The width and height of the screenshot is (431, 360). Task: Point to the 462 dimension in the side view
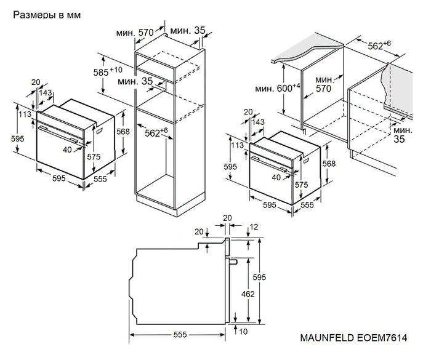248,294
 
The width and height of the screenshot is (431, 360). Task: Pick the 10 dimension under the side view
244,332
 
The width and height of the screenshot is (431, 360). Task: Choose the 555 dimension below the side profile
179,335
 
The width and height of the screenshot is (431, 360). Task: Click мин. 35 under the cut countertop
403,135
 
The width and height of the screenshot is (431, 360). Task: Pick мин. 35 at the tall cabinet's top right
189,30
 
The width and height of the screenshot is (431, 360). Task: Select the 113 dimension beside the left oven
24,114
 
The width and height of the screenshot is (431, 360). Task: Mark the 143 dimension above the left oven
45,92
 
